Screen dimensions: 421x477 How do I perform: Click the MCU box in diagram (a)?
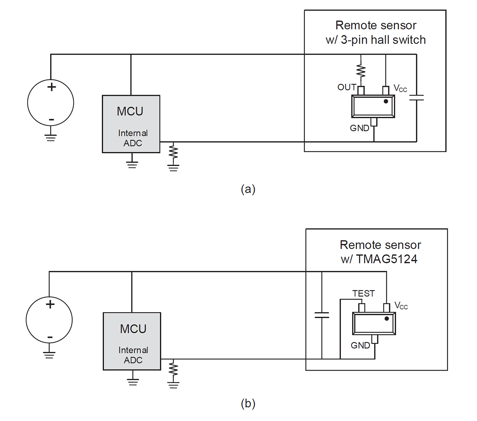[131, 124]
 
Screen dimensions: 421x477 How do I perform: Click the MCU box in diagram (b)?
[132, 341]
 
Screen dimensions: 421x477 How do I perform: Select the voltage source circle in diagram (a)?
[50, 102]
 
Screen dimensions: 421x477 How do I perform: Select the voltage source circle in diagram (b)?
[49, 320]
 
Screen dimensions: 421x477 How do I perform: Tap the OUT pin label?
[347, 87]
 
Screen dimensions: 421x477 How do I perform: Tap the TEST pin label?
[363, 294]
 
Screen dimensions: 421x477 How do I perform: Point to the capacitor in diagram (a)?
[416, 97]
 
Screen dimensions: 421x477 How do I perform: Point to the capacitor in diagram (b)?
[322, 315]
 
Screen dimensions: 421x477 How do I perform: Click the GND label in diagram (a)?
[359, 128]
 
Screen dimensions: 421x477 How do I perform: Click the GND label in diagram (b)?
[360, 346]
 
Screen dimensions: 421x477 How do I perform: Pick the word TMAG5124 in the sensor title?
[387, 259]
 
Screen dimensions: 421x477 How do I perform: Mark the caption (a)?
[248, 189]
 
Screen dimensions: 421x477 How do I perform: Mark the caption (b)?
[248, 404]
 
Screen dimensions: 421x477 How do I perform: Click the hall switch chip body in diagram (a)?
[373, 106]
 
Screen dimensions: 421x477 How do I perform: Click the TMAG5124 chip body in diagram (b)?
[374, 323]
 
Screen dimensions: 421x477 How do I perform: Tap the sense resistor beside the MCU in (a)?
[173, 154]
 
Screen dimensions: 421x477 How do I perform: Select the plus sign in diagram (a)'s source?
[51, 87]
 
